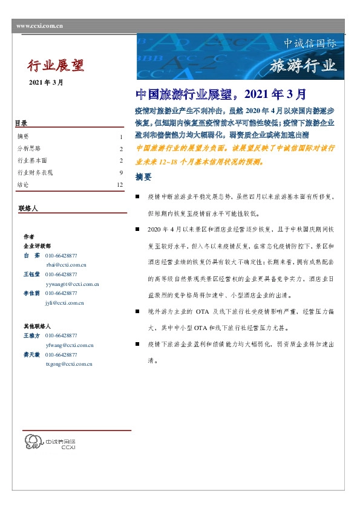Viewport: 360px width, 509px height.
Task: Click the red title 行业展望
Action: pos(56,65)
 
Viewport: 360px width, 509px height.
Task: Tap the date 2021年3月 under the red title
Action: pos(45,82)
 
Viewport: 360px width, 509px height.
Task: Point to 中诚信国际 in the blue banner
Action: pos(310,44)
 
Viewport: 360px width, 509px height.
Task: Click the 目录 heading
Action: pos(21,124)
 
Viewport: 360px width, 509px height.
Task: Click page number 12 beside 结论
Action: pos(120,184)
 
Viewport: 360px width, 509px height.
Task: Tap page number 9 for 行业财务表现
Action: pos(121,172)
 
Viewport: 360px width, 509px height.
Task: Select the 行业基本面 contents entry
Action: pos(32,160)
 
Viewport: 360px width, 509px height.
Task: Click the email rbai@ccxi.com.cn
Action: pos(66,264)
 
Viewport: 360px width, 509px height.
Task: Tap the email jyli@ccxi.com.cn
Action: pos(64,302)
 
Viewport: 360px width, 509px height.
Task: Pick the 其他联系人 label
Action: pos(36,326)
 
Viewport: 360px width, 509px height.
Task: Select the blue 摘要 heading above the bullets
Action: pos(144,178)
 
